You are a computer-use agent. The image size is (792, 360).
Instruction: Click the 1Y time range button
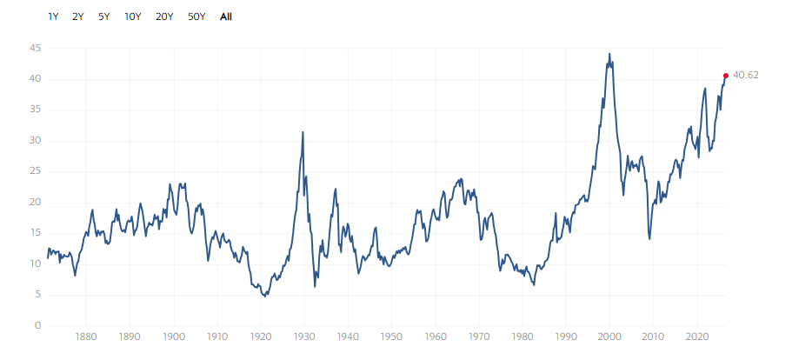(x=54, y=17)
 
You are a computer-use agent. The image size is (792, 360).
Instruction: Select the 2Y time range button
(x=77, y=17)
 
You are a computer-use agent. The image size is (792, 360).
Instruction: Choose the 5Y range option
(x=104, y=17)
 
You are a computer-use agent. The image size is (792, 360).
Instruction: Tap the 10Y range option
(x=133, y=17)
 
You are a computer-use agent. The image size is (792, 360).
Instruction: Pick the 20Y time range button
(x=164, y=17)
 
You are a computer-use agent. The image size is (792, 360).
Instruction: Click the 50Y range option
(x=196, y=17)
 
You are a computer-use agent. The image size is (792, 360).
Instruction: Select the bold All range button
(x=226, y=17)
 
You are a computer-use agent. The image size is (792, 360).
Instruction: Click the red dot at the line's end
(x=726, y=76)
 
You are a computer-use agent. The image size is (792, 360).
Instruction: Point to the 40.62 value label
(x=746, y=76)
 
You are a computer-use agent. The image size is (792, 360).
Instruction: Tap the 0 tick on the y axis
(x=38, y=326)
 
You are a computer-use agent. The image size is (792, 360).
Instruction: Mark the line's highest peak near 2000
(x=609, y=54)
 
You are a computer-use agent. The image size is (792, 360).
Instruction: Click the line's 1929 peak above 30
(x=303, y=132)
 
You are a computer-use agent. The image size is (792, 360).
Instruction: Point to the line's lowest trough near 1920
(x=264, y=297)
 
